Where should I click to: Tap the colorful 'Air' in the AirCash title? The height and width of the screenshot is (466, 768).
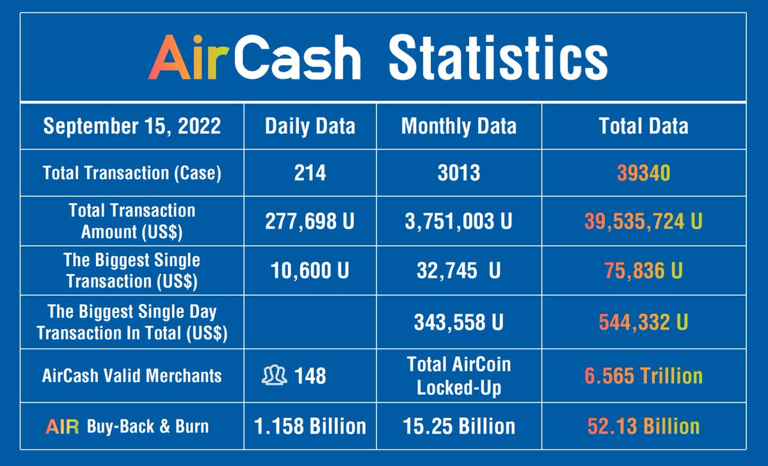coord(189,59)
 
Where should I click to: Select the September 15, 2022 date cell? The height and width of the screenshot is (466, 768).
coord(132,126)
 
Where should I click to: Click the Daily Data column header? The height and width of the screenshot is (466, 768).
coord(310,126)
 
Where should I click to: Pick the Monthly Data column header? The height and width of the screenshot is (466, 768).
coord(458,126)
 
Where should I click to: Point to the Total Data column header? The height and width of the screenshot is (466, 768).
coord(643,126)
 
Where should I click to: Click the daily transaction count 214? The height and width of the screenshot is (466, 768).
coord(310,173)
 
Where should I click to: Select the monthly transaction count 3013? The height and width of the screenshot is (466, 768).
coord(458,173)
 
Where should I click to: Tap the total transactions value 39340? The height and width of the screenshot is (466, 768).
coord(643,173)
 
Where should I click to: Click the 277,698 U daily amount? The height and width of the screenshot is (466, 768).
coord(310,221)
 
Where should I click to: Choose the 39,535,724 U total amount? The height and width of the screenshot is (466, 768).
coord(643,221)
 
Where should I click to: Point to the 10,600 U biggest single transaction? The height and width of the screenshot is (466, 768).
coord(310,270)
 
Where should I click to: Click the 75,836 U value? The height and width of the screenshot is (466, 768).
coord(643,270)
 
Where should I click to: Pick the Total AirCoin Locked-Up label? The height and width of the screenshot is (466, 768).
coord(458,376)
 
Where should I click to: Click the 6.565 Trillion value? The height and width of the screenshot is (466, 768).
coord(643,376)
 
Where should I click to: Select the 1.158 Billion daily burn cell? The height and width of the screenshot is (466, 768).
coord(310,426)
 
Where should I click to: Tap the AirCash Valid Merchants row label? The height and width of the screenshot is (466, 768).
coord(132,376)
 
